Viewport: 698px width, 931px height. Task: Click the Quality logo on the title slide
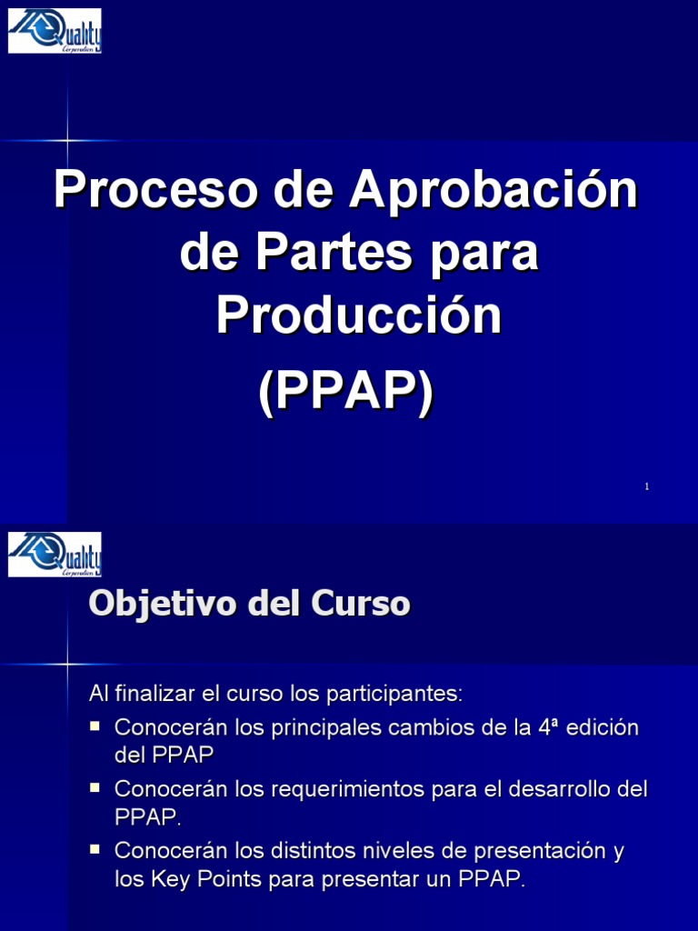click(55, 31)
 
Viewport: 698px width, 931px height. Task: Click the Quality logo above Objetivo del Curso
click(55, 555)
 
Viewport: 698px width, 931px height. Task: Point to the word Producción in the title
click(359, 315)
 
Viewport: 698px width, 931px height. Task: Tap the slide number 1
click(646, 487)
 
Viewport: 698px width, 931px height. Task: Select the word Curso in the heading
click(363, 604)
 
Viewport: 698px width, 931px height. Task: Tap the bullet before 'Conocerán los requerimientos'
click(95, 786)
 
